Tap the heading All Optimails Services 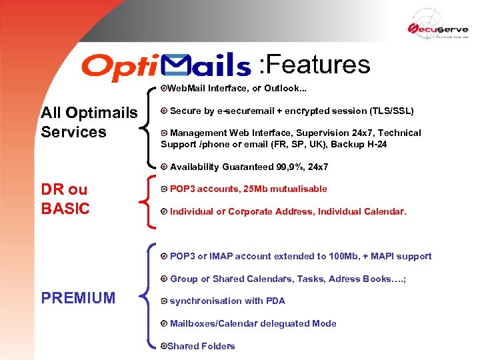click(x=89, y=122)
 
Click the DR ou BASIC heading click(x=65, y=199)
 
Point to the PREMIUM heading click(x=78, y=298)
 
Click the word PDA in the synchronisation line click(x=275, y=301)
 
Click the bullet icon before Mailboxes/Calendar click(x=164, y=323)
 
